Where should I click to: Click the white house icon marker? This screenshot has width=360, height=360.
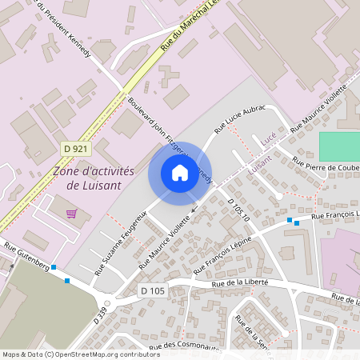coord(179,173)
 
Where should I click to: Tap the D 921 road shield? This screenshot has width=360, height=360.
coord(77,149)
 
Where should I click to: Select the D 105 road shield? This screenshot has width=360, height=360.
coord(151,290)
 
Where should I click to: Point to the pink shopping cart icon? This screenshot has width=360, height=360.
coord(72,214)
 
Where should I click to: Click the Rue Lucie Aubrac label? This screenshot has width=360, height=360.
coord(239,119)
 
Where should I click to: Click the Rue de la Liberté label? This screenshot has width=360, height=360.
coord(239,282)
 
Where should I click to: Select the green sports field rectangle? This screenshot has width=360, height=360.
coord(339,146)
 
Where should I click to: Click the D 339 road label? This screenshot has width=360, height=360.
coord(99,314)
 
